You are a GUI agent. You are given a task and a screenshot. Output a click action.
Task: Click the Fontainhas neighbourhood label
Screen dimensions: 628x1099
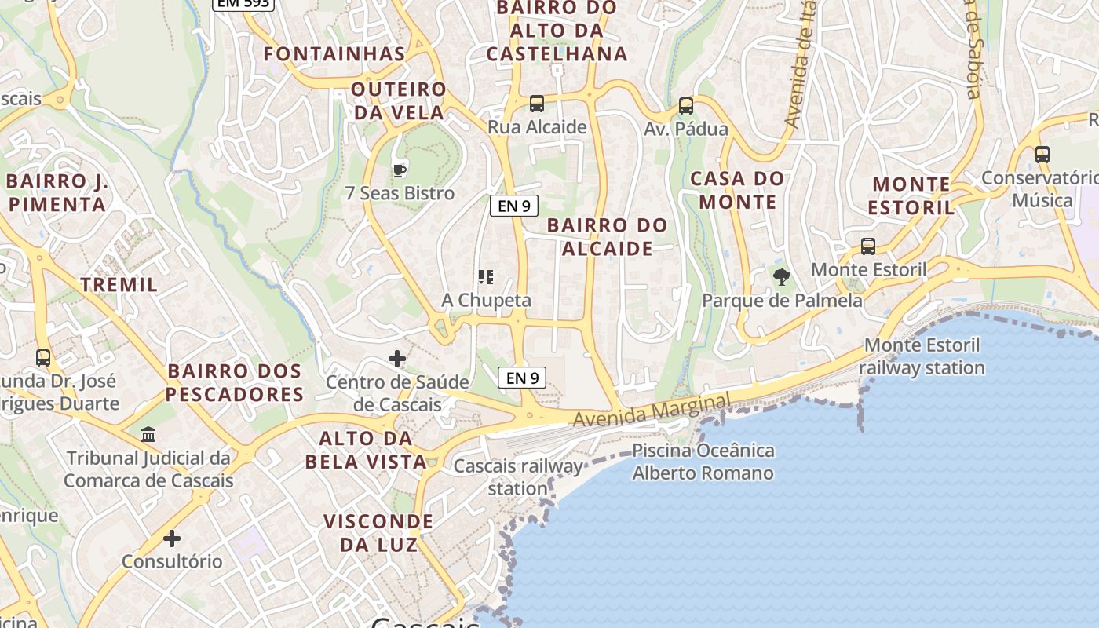334,54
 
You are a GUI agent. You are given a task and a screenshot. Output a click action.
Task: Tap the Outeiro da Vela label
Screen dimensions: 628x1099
399,100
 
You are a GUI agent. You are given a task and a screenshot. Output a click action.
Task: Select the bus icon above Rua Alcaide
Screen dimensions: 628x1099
537,104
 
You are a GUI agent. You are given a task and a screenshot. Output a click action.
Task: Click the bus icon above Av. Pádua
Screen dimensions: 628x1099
686,106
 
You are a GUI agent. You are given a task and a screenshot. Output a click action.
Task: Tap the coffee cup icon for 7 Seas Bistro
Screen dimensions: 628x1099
400,170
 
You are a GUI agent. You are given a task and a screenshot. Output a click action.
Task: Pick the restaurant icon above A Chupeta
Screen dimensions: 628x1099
486,276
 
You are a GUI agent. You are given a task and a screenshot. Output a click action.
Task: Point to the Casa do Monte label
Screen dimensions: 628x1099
737,190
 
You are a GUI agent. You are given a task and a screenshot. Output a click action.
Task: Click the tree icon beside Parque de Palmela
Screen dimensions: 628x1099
781,276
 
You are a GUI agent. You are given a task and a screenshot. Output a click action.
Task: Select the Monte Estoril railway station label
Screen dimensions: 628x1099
922,356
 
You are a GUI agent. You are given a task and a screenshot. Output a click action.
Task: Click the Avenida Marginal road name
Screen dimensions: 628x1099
652,411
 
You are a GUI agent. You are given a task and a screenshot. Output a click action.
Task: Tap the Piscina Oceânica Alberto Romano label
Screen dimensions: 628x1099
703,462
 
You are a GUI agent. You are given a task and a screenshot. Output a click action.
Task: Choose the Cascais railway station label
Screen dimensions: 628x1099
518,477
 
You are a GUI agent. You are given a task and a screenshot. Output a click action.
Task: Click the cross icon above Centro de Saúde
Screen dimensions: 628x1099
397,359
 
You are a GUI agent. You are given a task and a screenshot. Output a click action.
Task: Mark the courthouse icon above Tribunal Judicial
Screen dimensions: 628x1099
148,434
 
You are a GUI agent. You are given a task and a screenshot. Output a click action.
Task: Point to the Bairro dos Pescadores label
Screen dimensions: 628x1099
235,382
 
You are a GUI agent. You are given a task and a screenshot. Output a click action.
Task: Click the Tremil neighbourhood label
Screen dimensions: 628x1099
119,284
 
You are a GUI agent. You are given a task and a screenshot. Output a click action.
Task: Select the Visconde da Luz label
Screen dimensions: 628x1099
378,532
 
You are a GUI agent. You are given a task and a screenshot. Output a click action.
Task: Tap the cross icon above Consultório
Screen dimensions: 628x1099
172,539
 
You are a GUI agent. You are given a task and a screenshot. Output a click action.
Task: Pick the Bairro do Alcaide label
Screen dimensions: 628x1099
608,236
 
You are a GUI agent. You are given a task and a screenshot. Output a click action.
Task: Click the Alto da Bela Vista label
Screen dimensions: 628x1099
366,449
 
